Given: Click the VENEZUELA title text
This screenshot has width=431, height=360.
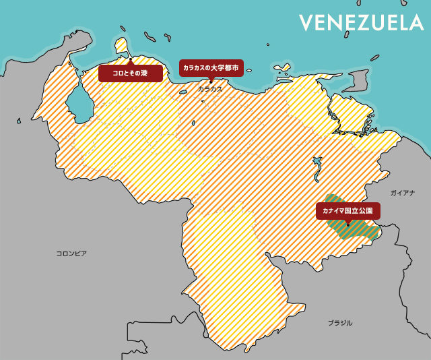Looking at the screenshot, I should tap(361, 22).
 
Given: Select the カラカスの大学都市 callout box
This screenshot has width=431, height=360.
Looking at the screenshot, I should tap(210, 68).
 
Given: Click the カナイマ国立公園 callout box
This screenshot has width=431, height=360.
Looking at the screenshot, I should tap(347, 211).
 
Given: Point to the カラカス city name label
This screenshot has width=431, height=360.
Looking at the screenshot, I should tap(210, 88).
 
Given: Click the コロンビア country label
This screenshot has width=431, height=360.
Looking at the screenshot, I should tap(71, 253).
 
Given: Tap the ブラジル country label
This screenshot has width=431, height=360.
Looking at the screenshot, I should tap(340, 323).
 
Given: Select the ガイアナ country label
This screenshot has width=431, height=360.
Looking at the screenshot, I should tap(402, 193).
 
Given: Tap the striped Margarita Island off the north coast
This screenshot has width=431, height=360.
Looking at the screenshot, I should tap(281, 68).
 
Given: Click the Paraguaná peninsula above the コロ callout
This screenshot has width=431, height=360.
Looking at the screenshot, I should tap(122, 47).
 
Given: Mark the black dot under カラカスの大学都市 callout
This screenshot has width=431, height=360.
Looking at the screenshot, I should tap(210, 80).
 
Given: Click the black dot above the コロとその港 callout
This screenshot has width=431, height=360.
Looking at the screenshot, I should tap(129, 60).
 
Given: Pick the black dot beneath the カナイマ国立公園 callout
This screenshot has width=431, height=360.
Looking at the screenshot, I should tap(347, 224).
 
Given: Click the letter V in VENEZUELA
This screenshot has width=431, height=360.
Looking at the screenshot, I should tap(306, 22).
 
